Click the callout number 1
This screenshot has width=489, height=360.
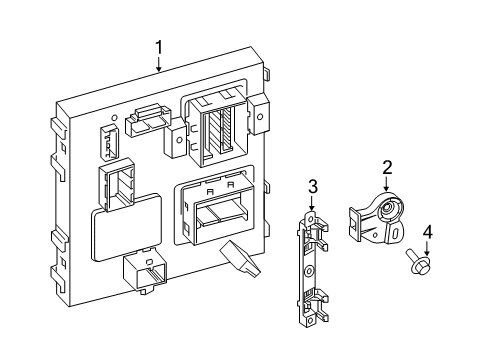point(158,47)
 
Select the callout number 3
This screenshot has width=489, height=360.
point(312,186)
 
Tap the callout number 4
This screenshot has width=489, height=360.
point(427,234)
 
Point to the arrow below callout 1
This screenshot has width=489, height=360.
point(158,66)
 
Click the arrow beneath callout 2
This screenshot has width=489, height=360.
point(387,184)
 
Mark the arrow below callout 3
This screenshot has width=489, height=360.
point(312,203)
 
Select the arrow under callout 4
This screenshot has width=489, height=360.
point(427,250)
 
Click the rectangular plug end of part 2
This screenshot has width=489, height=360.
point(356,219)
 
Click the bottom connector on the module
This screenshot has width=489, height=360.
point(145,271)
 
